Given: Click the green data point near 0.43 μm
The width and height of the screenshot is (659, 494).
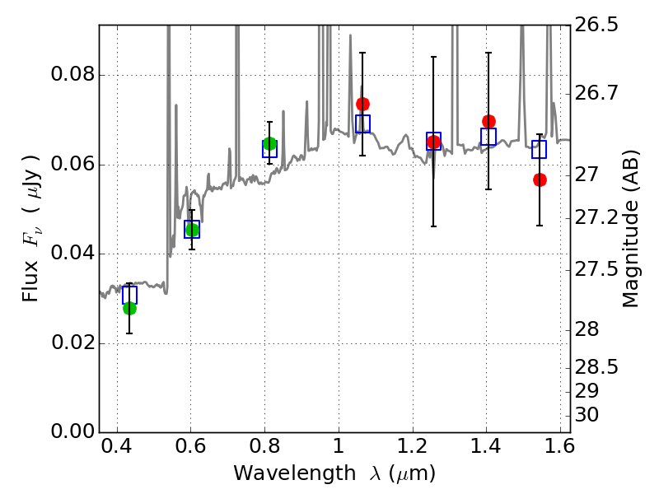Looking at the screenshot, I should click(129, 308).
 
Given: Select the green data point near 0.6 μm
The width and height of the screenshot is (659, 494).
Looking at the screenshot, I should click(192, 230).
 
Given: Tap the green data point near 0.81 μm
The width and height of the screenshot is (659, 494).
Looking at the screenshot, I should click(269, 143).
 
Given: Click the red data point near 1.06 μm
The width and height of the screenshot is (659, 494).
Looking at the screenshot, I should click(362, 104).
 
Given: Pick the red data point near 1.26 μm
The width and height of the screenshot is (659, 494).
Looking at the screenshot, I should click(433, 142).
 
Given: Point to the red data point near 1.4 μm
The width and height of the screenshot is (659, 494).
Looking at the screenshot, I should click(488, 121).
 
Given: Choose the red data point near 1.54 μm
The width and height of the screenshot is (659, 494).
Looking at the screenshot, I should click(540, 179).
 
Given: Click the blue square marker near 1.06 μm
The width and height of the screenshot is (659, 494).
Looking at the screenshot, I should click(362, 123).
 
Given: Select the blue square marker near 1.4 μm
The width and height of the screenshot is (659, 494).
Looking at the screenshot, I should click(488, 137).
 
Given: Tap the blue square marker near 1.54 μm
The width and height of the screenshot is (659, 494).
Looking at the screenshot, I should click(540, 149).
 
